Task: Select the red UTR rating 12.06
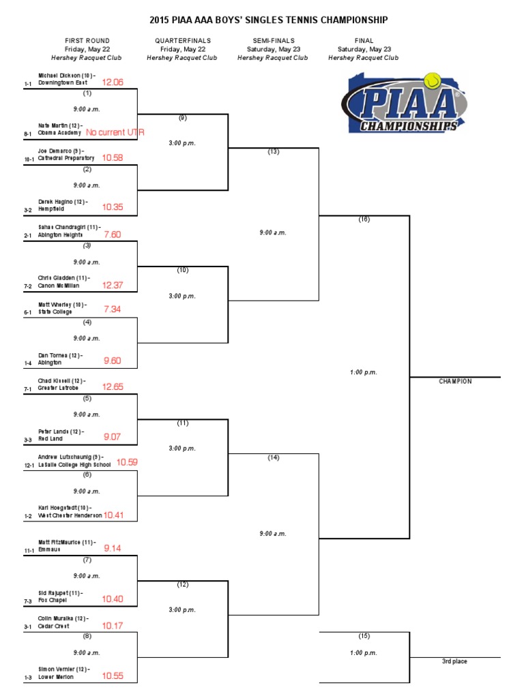[113, 82]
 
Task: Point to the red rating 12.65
[113, 386]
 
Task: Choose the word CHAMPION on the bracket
[455, 382]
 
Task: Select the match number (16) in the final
[364, 220]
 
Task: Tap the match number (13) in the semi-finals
[274, 151]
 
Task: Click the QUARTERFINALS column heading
[182, 41]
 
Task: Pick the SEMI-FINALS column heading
[273, 41]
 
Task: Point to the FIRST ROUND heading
[87, 41]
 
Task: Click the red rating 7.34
[112, 309]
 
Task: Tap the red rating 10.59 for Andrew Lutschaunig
[127, 462]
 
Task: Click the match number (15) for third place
[364, 636]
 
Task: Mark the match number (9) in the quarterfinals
[182, 118]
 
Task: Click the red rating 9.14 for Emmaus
[113, 547]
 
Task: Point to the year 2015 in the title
[177, 21]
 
